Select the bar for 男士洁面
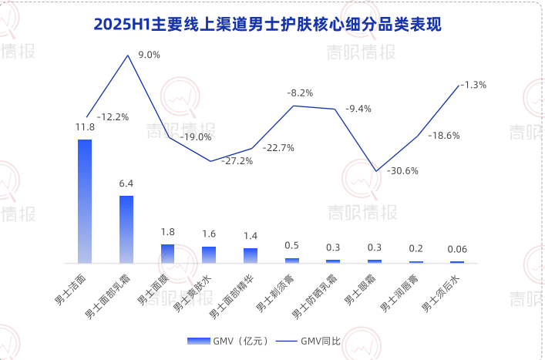point(85,200)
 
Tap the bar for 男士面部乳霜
point(126,229)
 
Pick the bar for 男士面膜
point(167,254)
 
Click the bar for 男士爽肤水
point(209,255)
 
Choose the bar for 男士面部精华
point(251,256)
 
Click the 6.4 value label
point(126,183)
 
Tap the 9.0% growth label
point(149,55)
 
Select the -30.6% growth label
point(401,170)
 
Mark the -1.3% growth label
point(473,85)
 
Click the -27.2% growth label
point(237,160)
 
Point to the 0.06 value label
point(457,249)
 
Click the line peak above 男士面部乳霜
point(127,56)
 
